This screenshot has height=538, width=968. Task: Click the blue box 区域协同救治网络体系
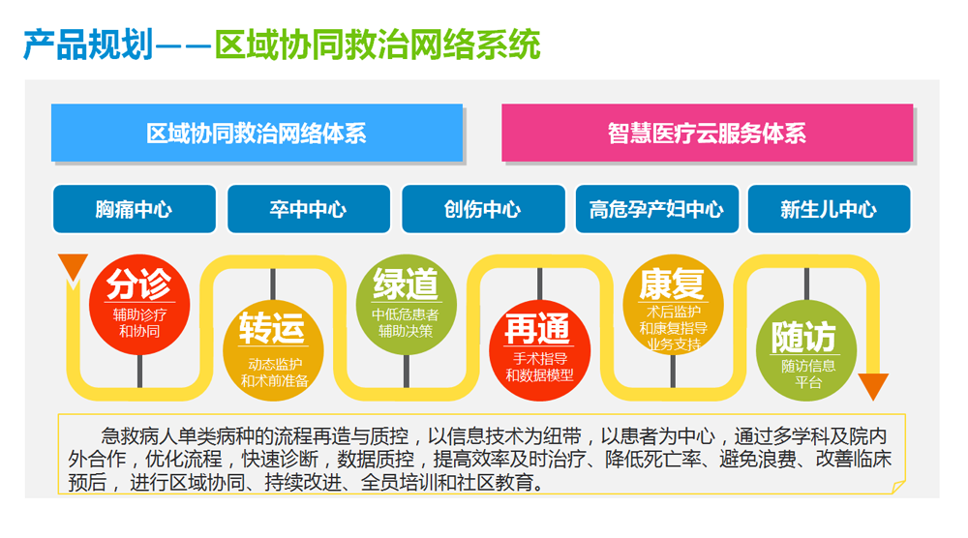click(257, 133)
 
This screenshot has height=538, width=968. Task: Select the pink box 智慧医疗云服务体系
click(707, 133)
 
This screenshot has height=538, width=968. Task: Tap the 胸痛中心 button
click(135, 209)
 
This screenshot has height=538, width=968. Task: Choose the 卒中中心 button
click(309, 209)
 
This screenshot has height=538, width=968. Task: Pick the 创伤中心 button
click(483, 209)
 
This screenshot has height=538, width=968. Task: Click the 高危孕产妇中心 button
click(657, 209)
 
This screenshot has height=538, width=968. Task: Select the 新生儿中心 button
click(830, 209)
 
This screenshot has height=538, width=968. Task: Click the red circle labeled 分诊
click(139, 305)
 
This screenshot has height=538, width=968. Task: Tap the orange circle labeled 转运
click(273, 350)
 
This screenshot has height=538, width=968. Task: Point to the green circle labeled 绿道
click(407, 305)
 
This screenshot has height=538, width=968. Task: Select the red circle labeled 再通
click(539, 350)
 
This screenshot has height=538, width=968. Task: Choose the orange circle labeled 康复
click(673, 305)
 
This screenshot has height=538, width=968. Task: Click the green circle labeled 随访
click(806, 350)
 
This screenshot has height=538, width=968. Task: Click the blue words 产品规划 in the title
click(88, 45)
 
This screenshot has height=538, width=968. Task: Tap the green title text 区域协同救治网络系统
click(378, 45)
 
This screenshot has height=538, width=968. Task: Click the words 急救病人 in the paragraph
click(138, 436)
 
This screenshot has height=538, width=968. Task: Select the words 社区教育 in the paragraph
click(495, 482)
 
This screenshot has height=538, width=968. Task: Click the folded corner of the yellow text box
click(898, 488)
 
